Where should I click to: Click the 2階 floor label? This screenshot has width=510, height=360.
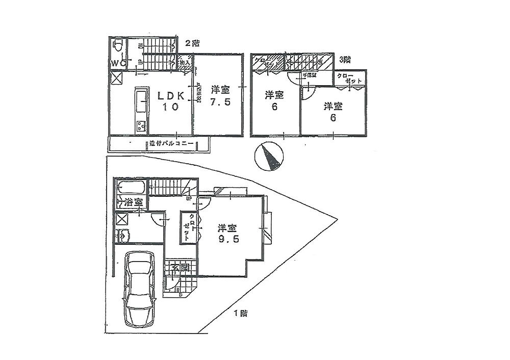pos(192,43)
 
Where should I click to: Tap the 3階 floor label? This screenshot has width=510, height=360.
pos(345,60)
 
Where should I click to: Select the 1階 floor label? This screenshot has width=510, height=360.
pos(241,314)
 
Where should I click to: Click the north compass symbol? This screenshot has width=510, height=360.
pos(268,157)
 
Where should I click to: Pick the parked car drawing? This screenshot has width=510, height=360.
pos(139,290)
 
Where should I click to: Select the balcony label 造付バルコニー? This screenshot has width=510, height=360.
pos(171,144)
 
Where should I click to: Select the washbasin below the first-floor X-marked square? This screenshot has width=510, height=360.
pos(122,236)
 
